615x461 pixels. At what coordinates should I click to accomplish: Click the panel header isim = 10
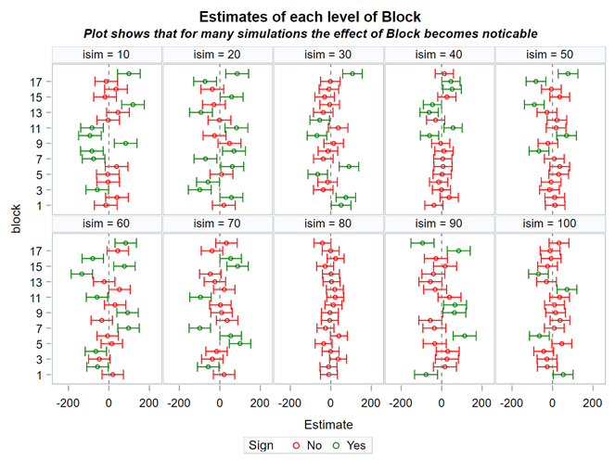tap(108, 55)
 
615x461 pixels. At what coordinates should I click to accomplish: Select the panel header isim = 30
tap(329, 55)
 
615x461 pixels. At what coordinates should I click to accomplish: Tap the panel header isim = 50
tap(551, 55)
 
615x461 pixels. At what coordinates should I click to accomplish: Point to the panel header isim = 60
tap(108, 224)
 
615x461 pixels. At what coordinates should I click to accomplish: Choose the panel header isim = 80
tap(329, 224)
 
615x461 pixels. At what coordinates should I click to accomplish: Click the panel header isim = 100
tap(551, 224)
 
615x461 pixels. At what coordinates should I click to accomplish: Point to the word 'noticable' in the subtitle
tap(504, 33)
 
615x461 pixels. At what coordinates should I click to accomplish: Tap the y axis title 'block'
tap(16, 222)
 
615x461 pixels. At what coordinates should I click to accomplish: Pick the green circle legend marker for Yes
tap(338, 446)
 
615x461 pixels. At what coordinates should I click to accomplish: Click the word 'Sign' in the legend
tap(263, 446)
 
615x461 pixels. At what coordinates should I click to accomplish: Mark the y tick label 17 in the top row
tap(33, 82)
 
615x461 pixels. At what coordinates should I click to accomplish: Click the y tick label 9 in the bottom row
tap(37, 313)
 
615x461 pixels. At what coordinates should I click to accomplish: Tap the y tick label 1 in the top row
tap(37, 205)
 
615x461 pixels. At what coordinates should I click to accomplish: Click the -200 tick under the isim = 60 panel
tap(68, 403)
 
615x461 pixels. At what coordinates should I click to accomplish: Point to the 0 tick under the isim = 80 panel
tap(331, 403)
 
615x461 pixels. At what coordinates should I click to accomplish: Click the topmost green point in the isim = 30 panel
tap(352, 73)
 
